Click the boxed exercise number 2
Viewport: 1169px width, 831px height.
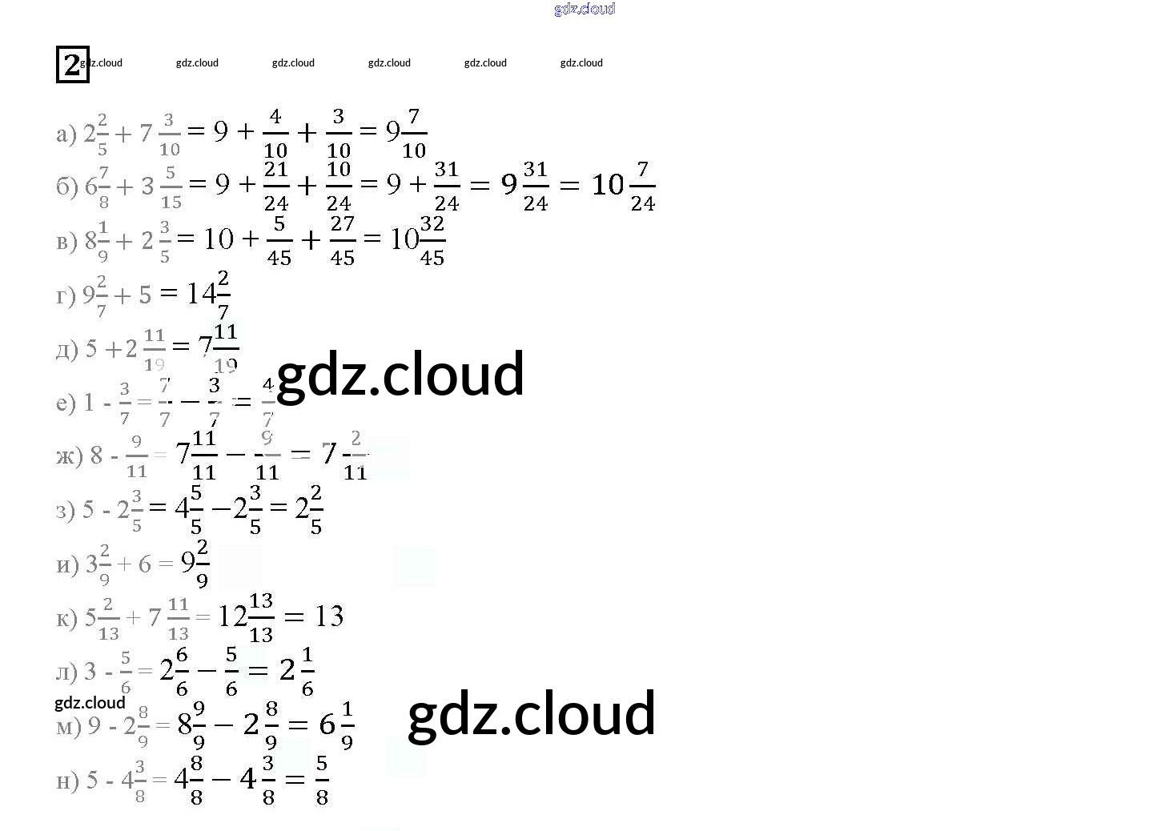coord(72,64)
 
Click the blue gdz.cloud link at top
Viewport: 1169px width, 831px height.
coord(584,9)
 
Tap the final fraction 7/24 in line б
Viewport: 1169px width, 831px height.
coord(642,186)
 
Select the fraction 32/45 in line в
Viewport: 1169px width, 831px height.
coord(432,239)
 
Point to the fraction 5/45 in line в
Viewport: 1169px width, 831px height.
coord(279,239)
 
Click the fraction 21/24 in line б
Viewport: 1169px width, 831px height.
coord(276,186)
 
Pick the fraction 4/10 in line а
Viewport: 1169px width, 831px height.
coord(275,132)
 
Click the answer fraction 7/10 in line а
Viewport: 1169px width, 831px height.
coord(414,132)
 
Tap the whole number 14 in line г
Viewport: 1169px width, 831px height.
coord(200,294)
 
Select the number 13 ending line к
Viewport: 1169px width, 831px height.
coord(329,616)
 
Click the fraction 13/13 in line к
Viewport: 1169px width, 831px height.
coord(261,617)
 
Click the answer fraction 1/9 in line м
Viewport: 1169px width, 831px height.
coord(347,725)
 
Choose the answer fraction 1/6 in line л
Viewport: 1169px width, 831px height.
coord(307,671)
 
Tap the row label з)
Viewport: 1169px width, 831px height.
coord(66,510)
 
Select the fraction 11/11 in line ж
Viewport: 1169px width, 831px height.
coord(204,456)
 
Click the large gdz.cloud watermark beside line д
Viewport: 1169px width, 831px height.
coord(400,374)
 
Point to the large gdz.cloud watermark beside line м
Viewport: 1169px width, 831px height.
coord(532,713)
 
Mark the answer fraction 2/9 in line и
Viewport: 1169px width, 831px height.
coord(203,564)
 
